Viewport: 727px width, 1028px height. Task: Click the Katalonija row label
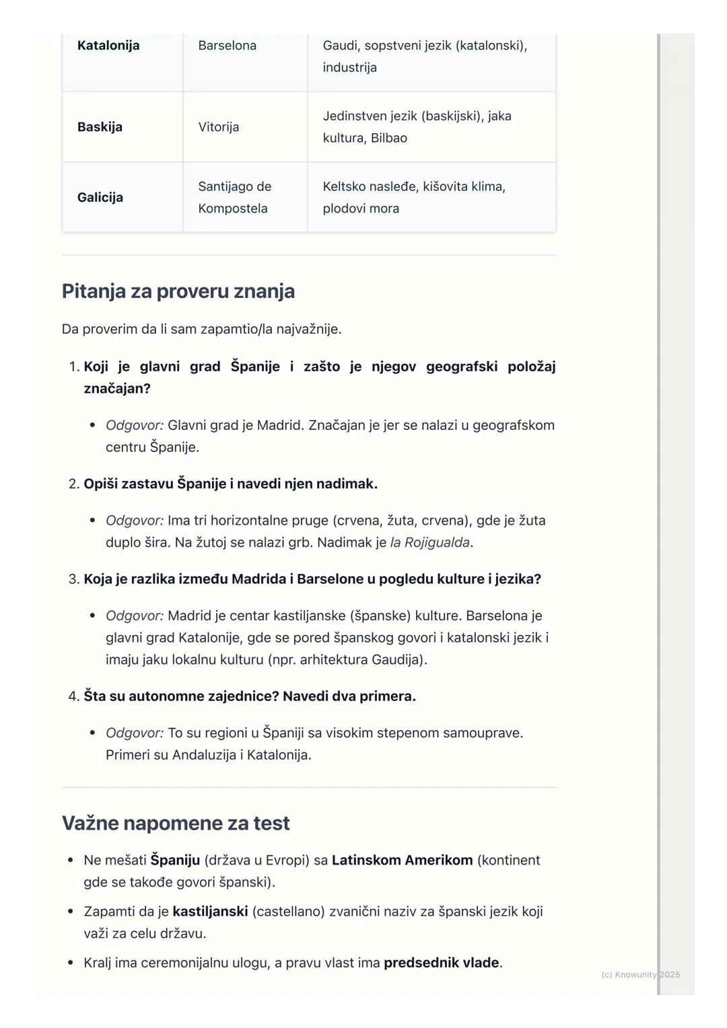pyautogui.click(x=108, y=46)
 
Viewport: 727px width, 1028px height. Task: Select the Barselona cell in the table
pyautogui.click(x=227, y=46)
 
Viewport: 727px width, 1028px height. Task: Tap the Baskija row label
pyautogui.click(x=100, y=127)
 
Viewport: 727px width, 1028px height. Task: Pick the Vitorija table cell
pyautogui.click(x=218, y=127)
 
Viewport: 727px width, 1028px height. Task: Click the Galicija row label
pyautogui.click(x=100, y=197)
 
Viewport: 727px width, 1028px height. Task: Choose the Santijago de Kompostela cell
pyautogui.click(x=234, y=197)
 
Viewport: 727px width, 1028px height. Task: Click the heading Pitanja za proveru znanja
pyautogui.click(x=178, y=291)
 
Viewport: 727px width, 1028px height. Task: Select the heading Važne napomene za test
pyautogui.click(x=176, y=823)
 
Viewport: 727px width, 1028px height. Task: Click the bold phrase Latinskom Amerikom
pyautogui.click(x=402, y=860)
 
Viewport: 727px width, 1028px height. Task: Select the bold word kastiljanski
pyautogui.click(x=210, y=912)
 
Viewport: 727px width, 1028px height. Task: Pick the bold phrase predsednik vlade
pyautogui.click(x=441, y=963)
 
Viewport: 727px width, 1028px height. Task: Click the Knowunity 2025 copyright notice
pyautogui.click(x=640, y=974)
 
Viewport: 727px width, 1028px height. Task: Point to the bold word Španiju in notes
pyautogui.click(x=175, y=860)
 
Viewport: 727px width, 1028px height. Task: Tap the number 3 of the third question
pyautogui.click(x=73, y=579)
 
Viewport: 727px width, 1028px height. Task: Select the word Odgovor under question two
pyautogui.click(x=134, y=521)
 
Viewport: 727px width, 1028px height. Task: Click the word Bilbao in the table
pyautogui.click(x=388, y=138)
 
